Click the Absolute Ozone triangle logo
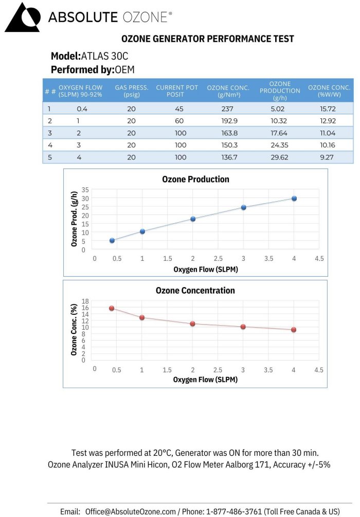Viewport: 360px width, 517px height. tap(22, 17)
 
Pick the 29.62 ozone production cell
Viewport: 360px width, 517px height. tap(281, 157)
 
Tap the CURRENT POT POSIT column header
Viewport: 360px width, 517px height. tap(177, 91)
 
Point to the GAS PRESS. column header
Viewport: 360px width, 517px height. tap(132, 91)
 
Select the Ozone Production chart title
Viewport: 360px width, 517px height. tap(195, 180)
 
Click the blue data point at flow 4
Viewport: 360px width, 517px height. tap(294, 198)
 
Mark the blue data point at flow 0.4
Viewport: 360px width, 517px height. tap(112, 240)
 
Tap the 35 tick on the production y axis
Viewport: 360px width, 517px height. tap(85, 190)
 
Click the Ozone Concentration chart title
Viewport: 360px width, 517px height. tap(195, 291)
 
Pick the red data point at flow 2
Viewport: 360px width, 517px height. tap(192, 324)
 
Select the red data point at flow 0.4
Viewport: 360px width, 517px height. tap(112, 308)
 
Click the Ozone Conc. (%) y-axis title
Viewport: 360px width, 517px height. tap(74, 329)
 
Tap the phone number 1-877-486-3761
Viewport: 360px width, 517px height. tap(235, 511)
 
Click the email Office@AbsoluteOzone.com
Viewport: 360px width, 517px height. tap(131, 511)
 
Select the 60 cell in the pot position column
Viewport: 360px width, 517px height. tap(180, 121)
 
